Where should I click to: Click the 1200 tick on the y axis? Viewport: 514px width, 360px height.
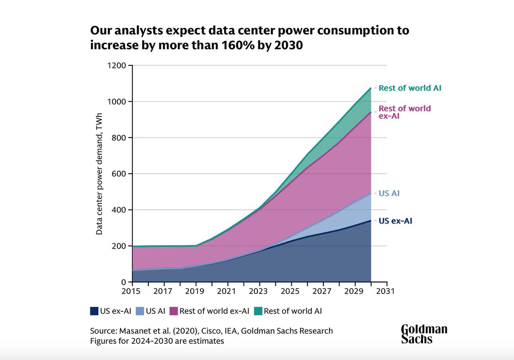[116, 66]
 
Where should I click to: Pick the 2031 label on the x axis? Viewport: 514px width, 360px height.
[387, 291]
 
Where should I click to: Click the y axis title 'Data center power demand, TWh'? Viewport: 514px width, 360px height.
[99, 174]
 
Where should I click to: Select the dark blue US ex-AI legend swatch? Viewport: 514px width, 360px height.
[94, 311]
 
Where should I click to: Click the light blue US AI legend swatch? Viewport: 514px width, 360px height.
[140, 311]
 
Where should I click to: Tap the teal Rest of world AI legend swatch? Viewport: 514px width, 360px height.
[257, 311]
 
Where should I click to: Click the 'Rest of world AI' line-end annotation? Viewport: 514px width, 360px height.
[409, 88]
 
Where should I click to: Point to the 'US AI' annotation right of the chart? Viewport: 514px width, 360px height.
[389, 193]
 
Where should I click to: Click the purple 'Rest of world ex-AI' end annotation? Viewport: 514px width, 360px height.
[404, 112]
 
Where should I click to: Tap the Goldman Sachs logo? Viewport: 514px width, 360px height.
[424, 334]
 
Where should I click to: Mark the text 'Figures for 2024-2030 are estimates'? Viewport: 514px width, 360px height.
[157, 342]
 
